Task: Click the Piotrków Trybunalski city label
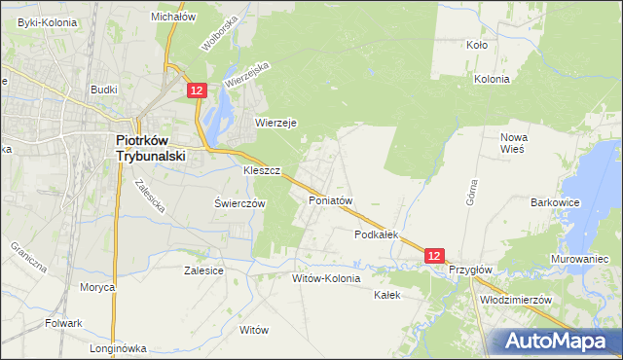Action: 151,147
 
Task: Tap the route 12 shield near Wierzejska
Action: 197,90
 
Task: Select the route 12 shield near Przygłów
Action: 435,255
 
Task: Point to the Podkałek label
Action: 378,235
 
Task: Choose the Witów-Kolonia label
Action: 326,278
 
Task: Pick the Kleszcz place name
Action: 262,170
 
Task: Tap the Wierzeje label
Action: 275,123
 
